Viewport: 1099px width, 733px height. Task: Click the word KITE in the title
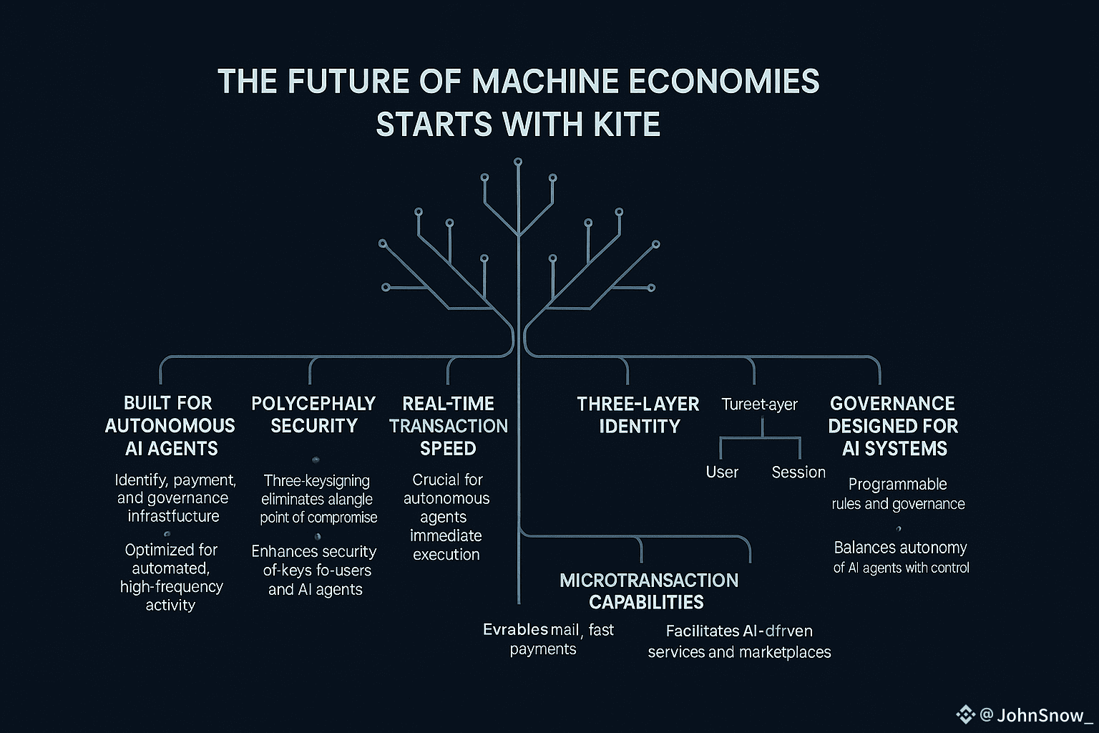tap(626, 125)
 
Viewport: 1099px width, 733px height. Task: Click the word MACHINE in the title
tap(545, 81)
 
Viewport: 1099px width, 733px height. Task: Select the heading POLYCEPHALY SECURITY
tap(313, 414)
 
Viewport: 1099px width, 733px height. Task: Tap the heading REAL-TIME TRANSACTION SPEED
tap(449, 426)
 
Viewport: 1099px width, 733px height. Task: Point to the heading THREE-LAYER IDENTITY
tap(638, 414)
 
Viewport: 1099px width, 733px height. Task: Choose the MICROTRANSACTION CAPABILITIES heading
tap(648, 591)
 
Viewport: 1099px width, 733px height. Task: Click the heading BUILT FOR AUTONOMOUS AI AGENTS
tap(170, 426)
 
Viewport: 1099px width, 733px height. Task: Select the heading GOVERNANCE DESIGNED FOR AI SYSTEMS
tap(893, 426)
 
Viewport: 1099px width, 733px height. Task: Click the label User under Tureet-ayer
tap(722, 472)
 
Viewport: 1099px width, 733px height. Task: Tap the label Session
tap(798, 472)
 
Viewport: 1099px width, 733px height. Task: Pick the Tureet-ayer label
tap(759, 404)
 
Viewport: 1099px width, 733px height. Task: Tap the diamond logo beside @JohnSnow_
tap(965, 714)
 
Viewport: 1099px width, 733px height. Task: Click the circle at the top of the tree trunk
tap(518, 162)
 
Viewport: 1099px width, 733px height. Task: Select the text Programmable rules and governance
tap(898, 494)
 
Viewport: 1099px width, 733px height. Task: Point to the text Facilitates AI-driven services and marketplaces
tap(739, 641)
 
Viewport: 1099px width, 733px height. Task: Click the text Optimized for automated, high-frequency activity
tap(171, 577)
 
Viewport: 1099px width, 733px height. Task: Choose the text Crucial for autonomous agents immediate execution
tap(447, 517)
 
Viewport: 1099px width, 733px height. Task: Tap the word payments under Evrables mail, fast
tap(543, 649)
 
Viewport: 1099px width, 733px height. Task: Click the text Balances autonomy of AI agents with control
tap(901, 558)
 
